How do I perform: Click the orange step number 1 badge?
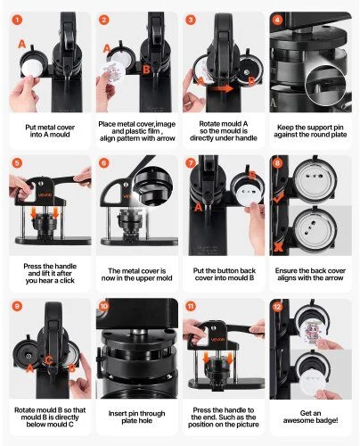17,20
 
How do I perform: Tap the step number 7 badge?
191,163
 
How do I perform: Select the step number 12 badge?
277,306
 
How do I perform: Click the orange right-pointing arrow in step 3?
224,88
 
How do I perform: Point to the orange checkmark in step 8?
278,197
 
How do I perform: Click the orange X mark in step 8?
278,246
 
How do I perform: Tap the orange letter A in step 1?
22,45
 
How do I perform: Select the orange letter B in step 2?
146,70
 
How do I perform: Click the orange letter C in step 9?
49,360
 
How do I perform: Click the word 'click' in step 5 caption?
67,280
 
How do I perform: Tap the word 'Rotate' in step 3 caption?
209,124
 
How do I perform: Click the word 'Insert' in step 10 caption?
117,413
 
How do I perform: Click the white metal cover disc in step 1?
31,68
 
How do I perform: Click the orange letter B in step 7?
252,176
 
